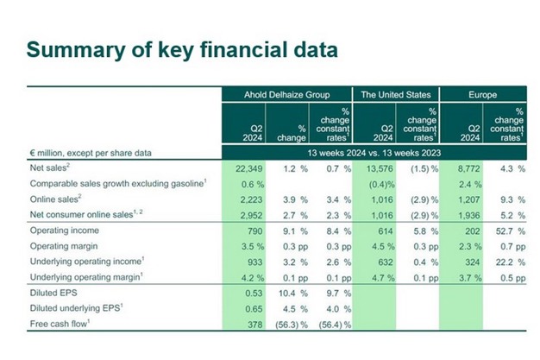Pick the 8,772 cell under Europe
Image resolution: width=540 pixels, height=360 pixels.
tap(462, 167)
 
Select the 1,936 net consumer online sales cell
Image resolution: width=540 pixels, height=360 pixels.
tap(464, 214)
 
